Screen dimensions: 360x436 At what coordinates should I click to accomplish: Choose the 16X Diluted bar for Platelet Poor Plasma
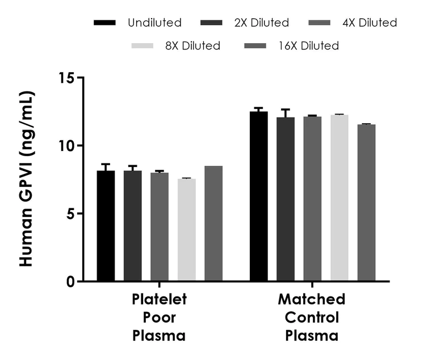(213, 224)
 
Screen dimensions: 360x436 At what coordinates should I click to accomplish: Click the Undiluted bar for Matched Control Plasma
(259, 196)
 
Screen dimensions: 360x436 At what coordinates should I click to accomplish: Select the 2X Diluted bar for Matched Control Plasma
(286, 199)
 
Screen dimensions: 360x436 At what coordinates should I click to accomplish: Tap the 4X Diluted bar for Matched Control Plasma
(312, 199)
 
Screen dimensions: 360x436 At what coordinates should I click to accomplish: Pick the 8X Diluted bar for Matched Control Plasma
(339, 198)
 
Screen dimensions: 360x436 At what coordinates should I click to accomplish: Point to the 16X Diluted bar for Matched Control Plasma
(366, 203)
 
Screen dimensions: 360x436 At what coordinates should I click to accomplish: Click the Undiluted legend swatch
(105, 23)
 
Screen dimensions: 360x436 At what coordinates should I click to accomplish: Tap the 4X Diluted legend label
(368, 23)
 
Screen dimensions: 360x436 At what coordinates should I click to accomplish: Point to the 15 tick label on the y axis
(68, 78)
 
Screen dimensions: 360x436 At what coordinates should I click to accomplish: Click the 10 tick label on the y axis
(68, 146)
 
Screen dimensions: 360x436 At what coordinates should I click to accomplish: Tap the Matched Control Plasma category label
(312, 317)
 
